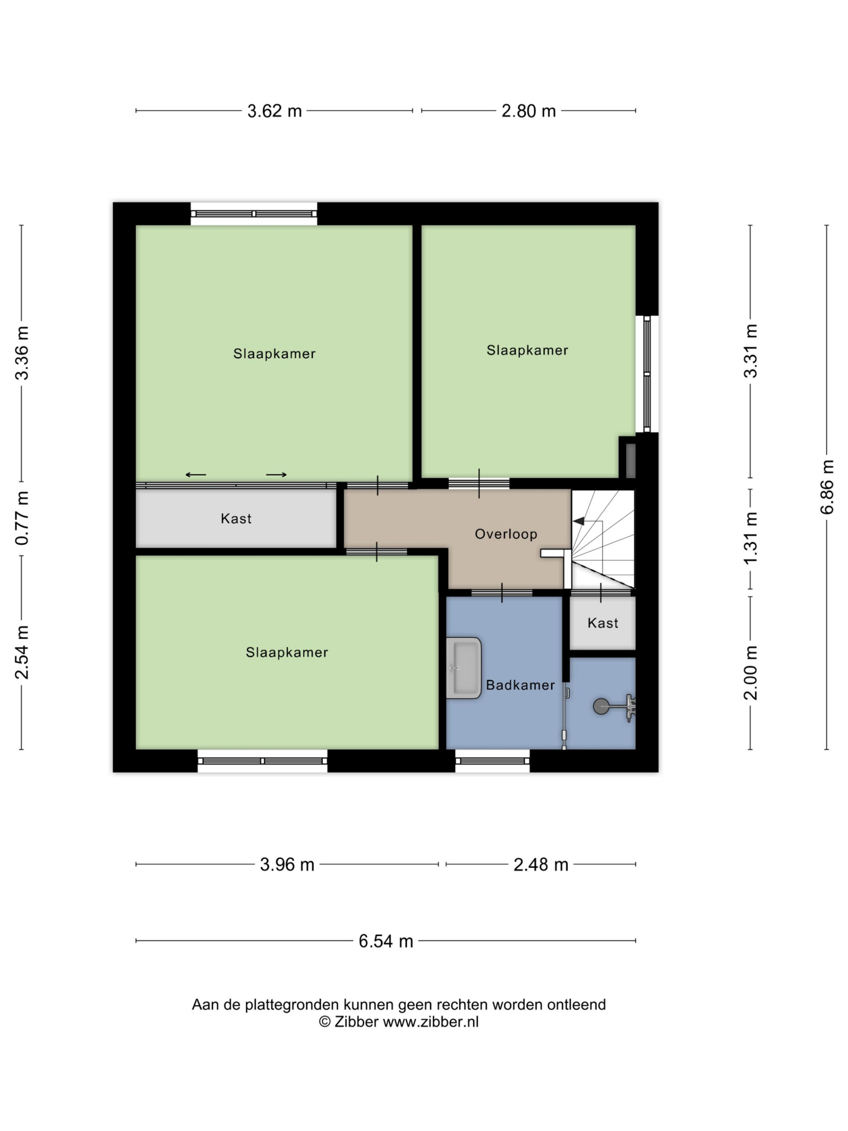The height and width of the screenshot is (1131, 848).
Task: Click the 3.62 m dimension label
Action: click(274, 111)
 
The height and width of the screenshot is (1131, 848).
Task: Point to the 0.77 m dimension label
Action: click(22, 517)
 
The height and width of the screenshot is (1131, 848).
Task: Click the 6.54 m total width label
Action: click(385, 941)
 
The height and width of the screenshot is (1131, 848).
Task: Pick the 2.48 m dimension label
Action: click(541, 865)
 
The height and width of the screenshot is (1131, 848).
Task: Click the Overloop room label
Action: click(505, 534)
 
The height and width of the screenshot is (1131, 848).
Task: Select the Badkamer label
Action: click(520, 685)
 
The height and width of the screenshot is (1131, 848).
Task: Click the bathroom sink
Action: click(463, 668)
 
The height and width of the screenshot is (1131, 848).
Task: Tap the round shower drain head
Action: click(601, 706)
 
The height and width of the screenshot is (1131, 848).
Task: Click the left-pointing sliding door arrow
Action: click(196, 475)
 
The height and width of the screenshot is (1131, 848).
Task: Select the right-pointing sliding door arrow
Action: click(276, 475)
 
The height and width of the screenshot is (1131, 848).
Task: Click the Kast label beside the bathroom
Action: click(603, 623)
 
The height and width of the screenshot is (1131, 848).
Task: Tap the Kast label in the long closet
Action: click(236, 519)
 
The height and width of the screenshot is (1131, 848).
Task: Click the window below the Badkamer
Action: click(492, 761)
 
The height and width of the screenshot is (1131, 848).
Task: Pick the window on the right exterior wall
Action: click(647, 374)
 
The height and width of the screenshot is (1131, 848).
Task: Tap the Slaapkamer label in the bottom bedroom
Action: click(287, 652)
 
